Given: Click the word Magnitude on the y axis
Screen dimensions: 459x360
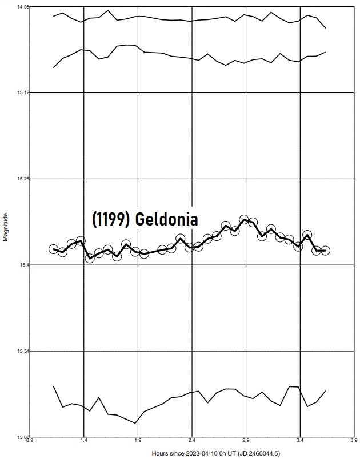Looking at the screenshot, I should (x=6, y=227).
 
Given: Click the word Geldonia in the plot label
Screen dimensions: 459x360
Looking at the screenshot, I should (x=166, y=219).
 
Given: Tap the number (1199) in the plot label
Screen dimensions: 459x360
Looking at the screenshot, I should (x=111, y=219).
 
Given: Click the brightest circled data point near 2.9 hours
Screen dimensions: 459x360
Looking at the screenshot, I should (x=244, y=220).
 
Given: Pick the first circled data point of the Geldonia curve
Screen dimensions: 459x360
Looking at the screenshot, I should (x=53, y=249).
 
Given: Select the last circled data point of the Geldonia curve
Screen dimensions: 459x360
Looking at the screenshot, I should (x=325, y=250).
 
